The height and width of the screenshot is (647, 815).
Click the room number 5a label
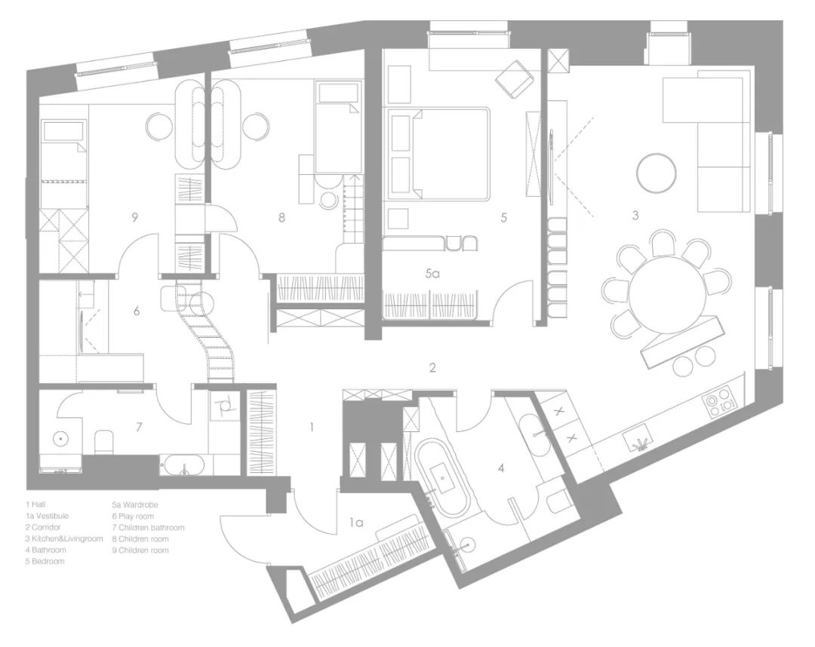(432, 273)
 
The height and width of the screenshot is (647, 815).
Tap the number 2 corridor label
(432, 368)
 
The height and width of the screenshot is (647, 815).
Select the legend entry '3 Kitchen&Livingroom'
(64, 538)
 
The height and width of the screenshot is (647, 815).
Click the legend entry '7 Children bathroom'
(148, 528)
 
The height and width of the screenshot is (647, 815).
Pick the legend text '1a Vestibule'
(47, 516)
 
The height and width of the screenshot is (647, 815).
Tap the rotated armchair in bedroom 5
(515, 78)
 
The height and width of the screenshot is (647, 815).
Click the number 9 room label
(134, 217)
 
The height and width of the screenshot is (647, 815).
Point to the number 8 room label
(281, 217)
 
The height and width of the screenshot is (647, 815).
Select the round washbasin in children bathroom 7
(60, 440)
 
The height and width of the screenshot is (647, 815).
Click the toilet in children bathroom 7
(104, 441)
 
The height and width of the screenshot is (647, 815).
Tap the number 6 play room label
(137, 311)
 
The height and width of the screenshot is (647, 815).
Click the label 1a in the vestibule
(355, 523)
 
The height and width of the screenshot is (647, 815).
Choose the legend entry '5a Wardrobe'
(135, 504)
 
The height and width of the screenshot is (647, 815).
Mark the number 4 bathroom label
(501, 468)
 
